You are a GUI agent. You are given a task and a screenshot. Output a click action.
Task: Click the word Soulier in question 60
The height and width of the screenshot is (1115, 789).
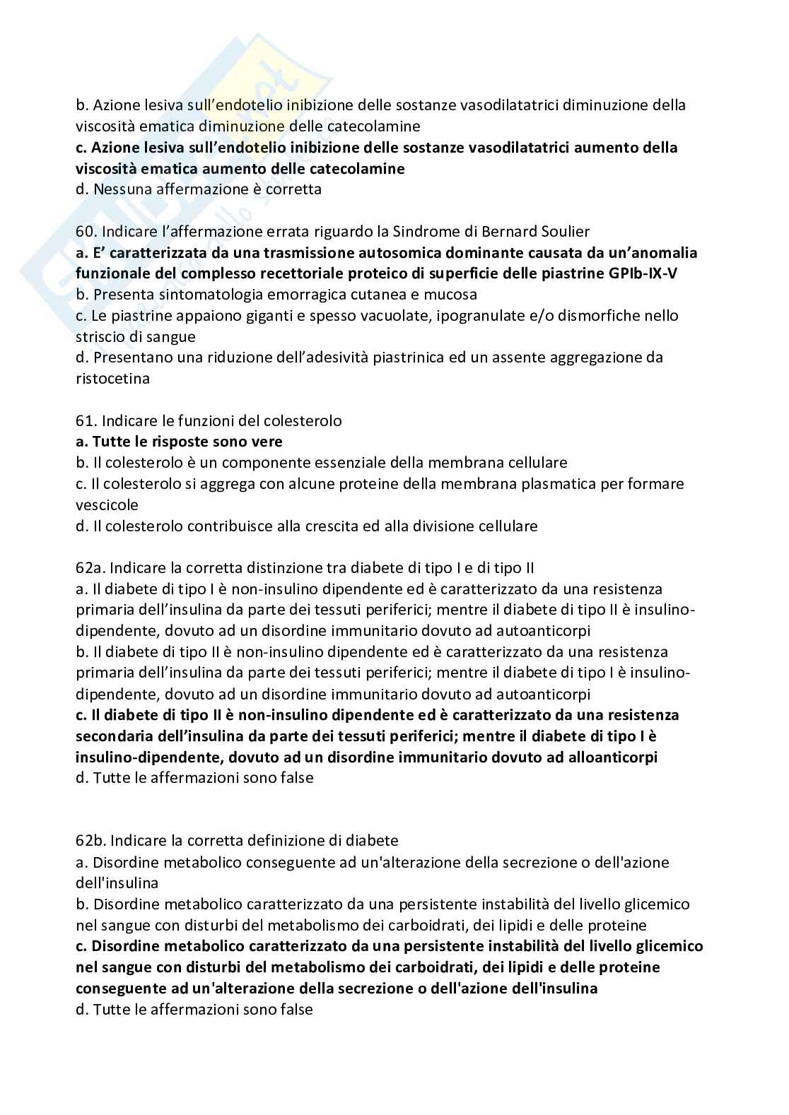click(x=566, y=231)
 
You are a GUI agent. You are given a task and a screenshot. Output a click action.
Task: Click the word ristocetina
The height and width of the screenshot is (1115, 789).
click(x=112, y=378)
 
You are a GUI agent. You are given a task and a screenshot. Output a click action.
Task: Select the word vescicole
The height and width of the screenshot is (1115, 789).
click(x=107, y=505)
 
